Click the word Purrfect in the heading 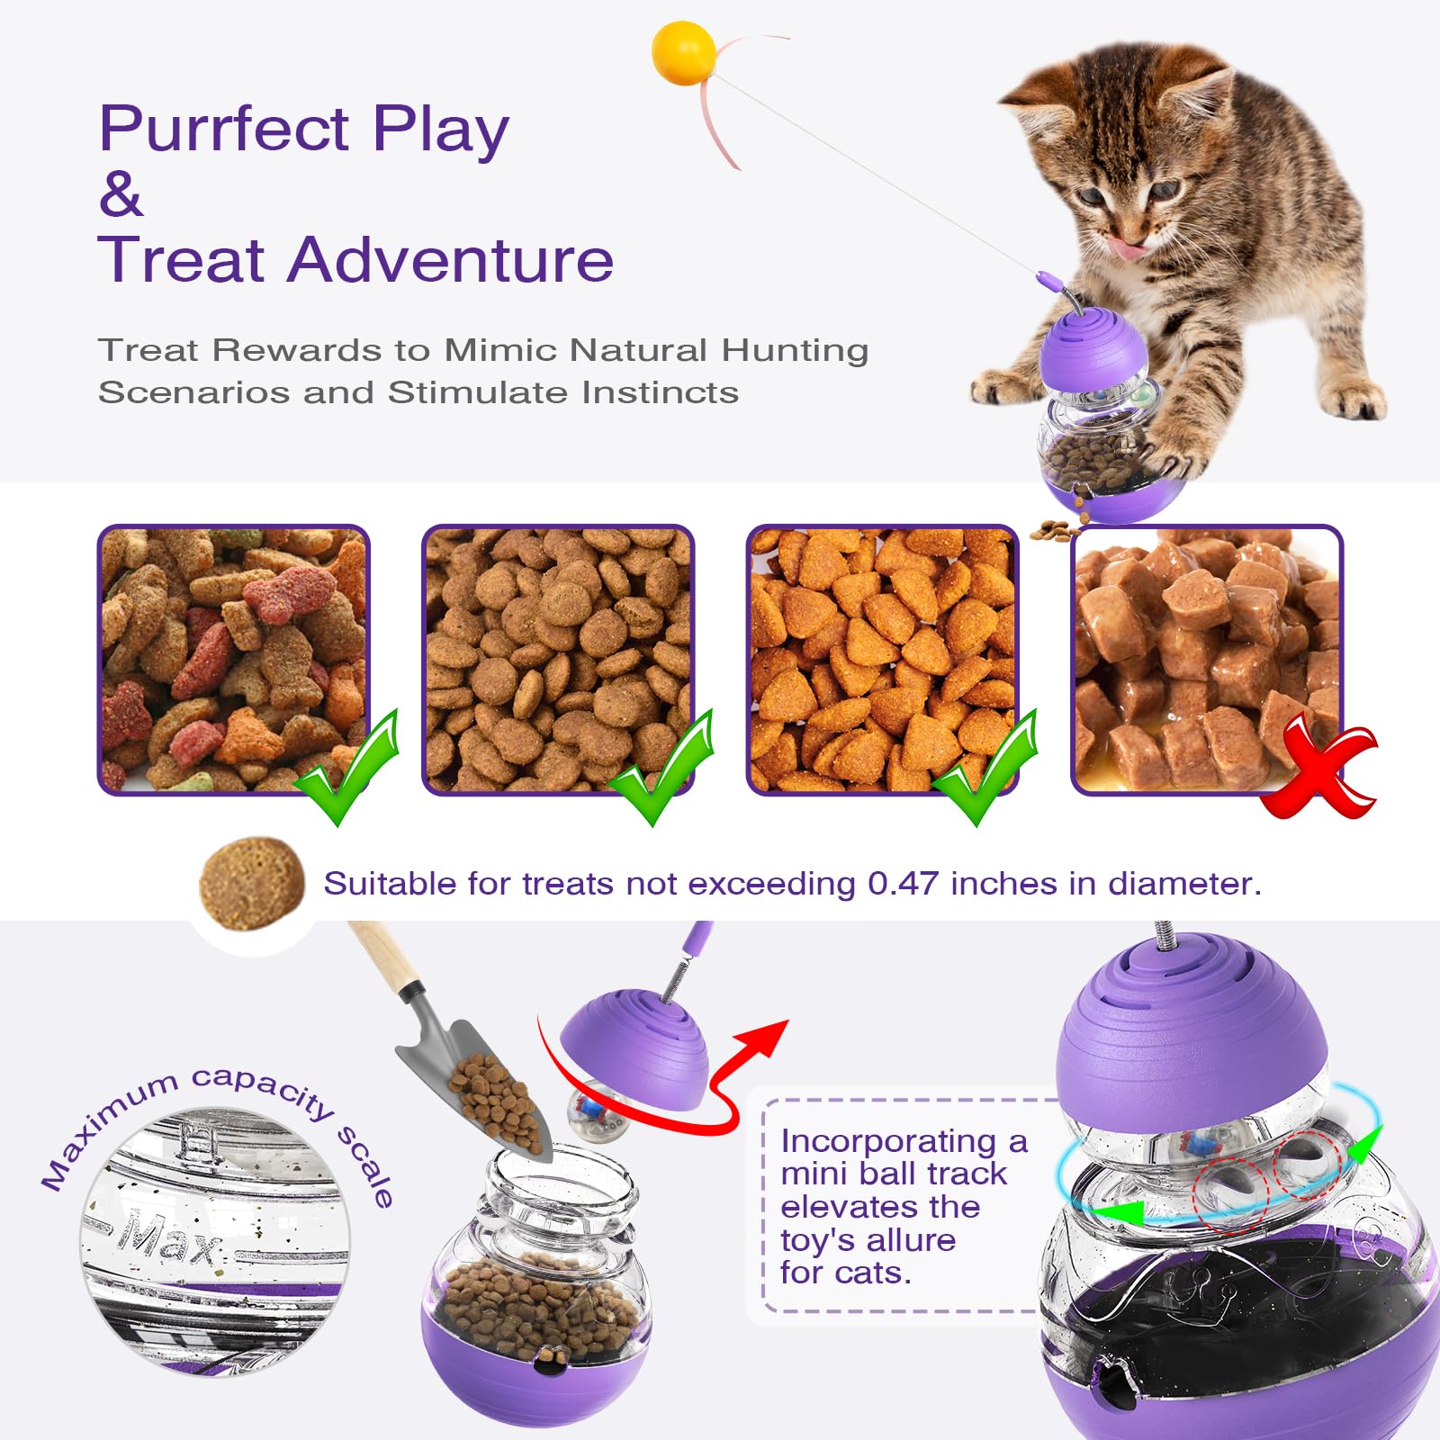(223, 129)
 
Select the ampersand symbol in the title (121, 193)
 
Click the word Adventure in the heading (450, 260)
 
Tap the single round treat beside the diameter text (252, 882)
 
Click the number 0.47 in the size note (903, 884)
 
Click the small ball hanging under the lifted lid (590, 1112)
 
